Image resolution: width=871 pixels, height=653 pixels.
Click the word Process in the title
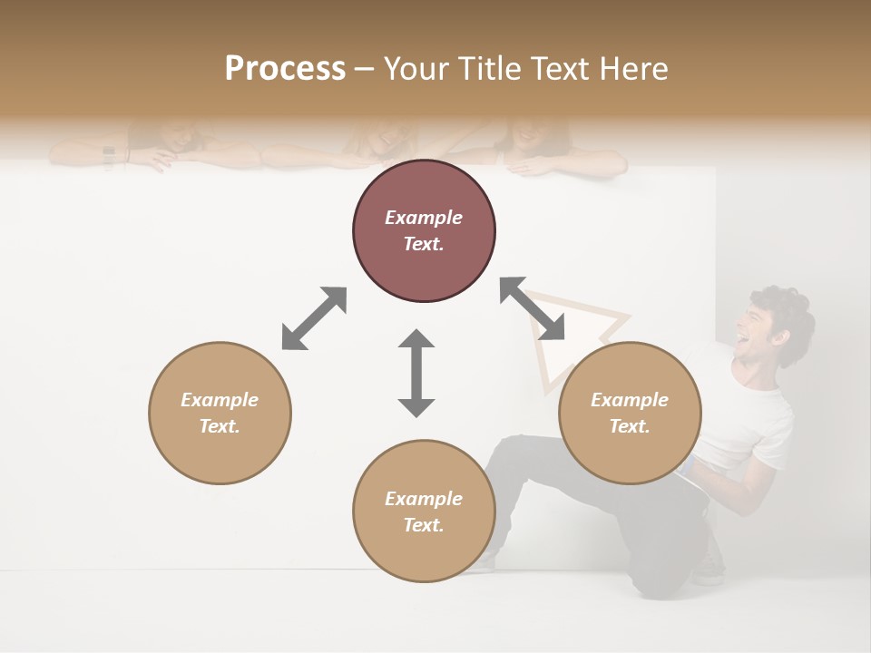tap(285, 68)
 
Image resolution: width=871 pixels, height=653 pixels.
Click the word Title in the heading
tap(492, 68)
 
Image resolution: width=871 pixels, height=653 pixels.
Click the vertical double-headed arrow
tap(416, 373)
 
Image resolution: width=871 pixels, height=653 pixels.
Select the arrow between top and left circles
tap(314, 318)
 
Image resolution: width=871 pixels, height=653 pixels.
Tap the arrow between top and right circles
tap(532, 308)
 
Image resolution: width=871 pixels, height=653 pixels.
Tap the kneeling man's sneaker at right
tap(709, 571)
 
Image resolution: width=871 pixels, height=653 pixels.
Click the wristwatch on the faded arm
tap(109, 156)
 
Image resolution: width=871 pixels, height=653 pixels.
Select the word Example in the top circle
tap(424, 218)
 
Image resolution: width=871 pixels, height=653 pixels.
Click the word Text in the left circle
tap(219, 426)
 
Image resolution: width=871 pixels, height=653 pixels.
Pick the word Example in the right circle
tap(630, 400)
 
